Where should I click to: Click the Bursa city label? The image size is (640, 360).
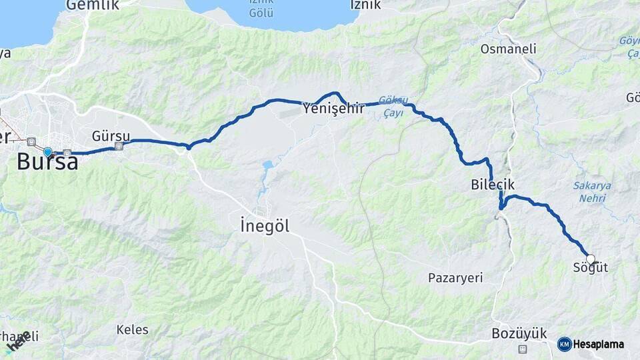47,162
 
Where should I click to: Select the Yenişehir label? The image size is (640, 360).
333,108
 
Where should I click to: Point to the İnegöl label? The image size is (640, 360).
265,226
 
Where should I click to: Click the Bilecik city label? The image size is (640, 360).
493,185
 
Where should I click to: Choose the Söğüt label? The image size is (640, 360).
591,268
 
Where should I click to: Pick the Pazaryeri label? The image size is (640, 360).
455,278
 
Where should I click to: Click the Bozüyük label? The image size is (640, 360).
519,333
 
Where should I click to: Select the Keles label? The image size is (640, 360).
132,329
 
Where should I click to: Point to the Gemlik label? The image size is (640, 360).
93,5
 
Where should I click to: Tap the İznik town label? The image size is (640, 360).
365,5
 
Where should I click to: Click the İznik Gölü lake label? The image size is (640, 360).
261,8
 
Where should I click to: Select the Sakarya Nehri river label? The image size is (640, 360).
592,191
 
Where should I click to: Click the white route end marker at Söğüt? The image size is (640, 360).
590,259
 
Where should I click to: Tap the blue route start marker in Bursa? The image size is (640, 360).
47,152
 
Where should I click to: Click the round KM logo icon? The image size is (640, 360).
564,344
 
